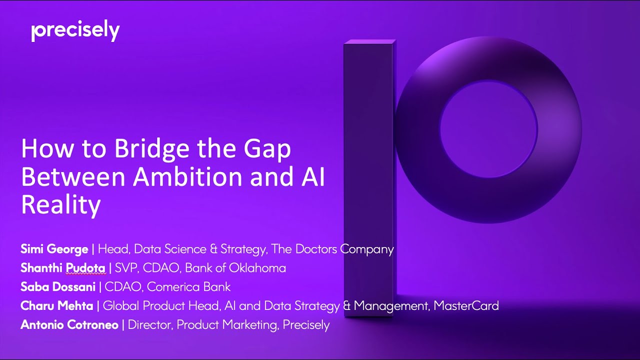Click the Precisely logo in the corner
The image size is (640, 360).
pos(75,31)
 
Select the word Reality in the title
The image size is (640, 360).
pos(60,204)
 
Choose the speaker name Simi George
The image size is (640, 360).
pos(54,249)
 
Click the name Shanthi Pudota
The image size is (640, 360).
pos(62,268)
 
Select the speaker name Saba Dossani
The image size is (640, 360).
pos(58,287)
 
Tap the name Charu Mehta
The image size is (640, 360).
pos(56,305)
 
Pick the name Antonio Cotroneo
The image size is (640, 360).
pos(69,324)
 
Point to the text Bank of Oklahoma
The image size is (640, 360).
pos(235,268)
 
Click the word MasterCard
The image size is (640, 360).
pos(466,305)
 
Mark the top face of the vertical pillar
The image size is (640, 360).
pos(368,44)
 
